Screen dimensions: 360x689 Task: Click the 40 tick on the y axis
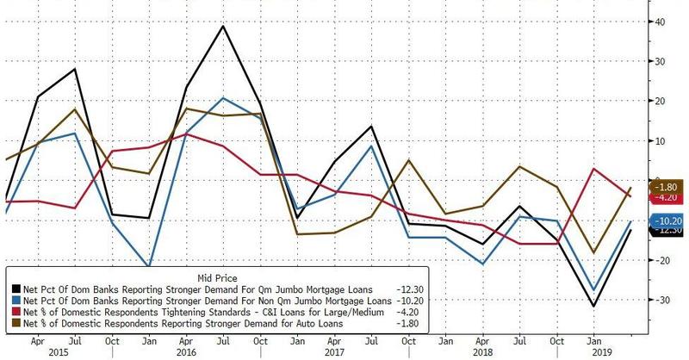click(x=664, y=22)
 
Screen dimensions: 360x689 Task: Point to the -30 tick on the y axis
click(x=664, y=299)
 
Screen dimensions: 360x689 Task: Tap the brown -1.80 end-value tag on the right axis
click(x=671, y=186)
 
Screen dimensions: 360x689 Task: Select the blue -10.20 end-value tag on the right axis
click(x=671, y=220)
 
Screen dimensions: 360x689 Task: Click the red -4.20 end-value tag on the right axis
click(x=671, y=196)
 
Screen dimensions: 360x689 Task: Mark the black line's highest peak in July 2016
click(x=223, y=26)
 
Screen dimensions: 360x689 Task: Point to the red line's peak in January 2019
click(x=593, y=168)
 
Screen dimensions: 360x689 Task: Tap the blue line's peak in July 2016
click(x=223, y=98)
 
